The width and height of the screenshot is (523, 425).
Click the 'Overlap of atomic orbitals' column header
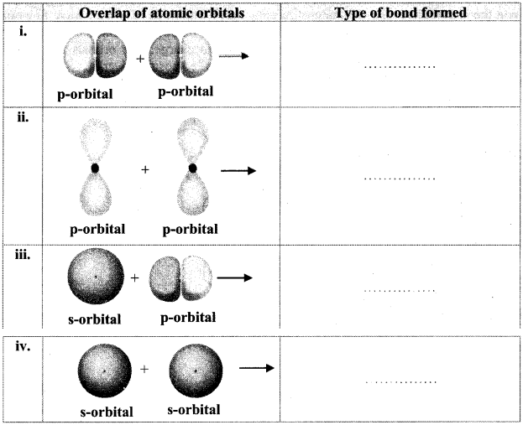point(162,13)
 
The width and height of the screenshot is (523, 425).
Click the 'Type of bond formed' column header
point(400,13)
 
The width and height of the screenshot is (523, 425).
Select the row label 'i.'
point(23,32)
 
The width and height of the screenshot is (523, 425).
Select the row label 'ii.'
point(23,117)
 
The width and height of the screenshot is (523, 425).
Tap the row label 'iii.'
point(23,255)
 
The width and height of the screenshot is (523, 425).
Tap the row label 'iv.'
point(23,346)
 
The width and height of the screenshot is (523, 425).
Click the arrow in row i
point(234,56)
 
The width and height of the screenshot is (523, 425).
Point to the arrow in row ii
point(238,171)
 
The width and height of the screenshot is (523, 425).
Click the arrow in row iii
point(235,277)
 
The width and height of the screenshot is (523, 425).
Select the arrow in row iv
point(257,368)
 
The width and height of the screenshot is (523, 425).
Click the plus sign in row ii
point(144,170)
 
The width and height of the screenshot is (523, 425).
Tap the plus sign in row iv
point(144,369)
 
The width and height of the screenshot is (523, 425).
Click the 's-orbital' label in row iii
point(94,319)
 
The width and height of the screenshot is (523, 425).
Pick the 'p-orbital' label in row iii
point(188,318)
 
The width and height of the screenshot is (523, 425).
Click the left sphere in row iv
point(105,371)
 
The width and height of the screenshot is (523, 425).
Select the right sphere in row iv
point(196,371)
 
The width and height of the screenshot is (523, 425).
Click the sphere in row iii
point(96,276)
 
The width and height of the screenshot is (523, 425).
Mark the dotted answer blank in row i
point(400,67)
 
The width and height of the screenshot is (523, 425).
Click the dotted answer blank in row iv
point(401,382)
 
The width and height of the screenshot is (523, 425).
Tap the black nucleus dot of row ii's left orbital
point(95,168)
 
